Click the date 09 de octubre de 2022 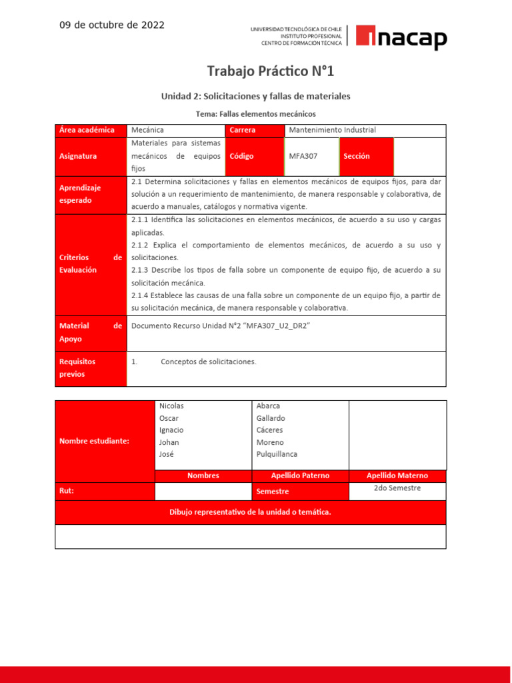click(112, 25)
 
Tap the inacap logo click(401, 37)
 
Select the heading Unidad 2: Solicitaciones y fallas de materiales click(255, 97)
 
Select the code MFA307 click(303, 156)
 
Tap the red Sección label click(357, 156)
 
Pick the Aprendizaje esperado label click(79, 194)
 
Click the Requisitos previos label click(77, 368)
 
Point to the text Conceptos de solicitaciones click(208, 362)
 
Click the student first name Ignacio click(171, 430)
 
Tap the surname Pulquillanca click(277, 454)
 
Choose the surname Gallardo click(271, 418)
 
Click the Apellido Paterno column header click(300, 476)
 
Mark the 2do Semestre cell click(397, 488)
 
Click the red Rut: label click(67, 490)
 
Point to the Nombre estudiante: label click(94, 441)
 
